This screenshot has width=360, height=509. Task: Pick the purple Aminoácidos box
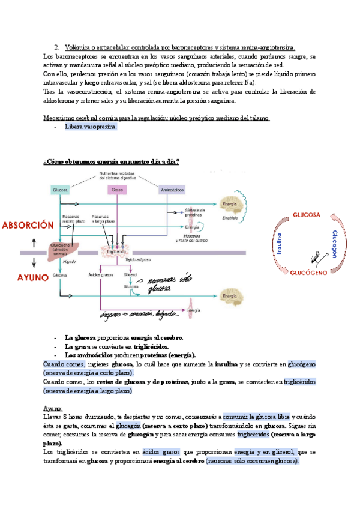click(171, 190)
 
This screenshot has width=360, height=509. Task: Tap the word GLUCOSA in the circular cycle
click(306, 215)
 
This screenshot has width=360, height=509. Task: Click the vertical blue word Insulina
click(280, 244)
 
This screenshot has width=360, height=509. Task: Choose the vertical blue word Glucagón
click(335, 243)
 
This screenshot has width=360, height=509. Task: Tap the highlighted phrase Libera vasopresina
click(91, 127)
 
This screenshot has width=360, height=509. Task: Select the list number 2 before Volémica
click(55, 47)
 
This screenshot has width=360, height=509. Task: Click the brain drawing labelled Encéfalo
click(231, 207)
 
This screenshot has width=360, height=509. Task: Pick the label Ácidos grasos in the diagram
click(101, 276)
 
